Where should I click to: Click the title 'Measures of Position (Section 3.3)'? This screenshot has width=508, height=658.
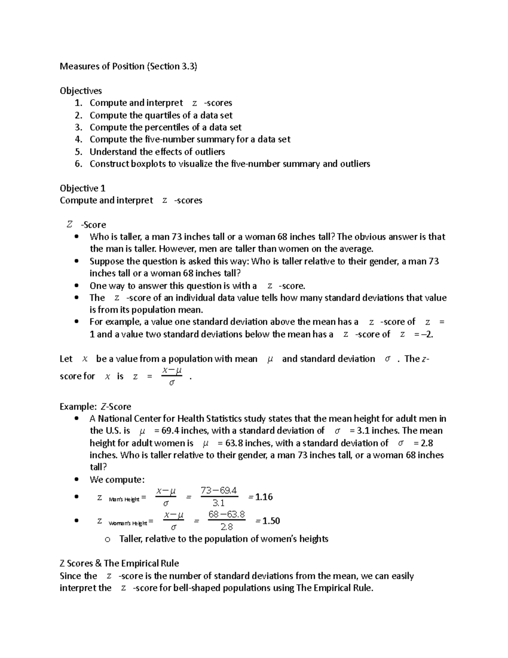[128, 66]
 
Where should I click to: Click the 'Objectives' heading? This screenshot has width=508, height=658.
[80, 91]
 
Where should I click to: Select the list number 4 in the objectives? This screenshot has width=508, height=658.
[78, 139]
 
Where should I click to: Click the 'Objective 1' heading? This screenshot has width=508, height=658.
[83, 188]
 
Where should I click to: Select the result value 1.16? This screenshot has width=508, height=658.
[263, 497]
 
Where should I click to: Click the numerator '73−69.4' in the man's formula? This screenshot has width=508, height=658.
[219, 491]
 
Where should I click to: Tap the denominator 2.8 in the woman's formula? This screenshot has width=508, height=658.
[227, 527]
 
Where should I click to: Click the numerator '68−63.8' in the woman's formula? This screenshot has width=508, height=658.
[227, 515]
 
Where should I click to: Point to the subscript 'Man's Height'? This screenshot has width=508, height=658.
[124, 500]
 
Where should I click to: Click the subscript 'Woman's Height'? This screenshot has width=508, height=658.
[128, 524]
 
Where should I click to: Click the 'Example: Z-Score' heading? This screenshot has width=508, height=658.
[95, 407]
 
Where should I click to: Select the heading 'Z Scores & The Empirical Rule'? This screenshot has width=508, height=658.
[119, 564]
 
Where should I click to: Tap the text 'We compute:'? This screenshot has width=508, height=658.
[117, 480]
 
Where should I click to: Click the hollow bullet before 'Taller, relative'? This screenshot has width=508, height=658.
[108, 539]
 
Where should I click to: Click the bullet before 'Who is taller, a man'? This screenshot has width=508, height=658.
[77, 237]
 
